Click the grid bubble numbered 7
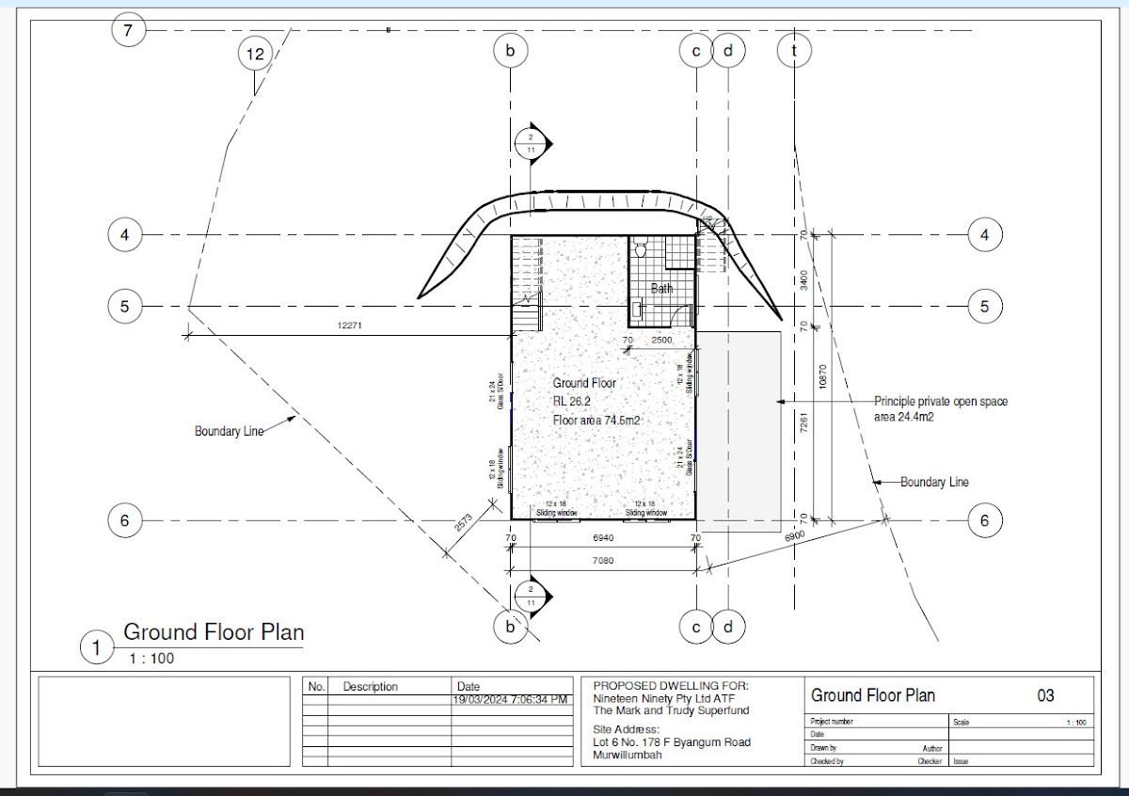pos(129,31)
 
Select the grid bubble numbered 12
pos(255,55)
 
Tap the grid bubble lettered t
pos(794,51)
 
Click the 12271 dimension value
pos(349,326)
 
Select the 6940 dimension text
pos(603,537)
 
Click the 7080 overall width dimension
pos(603,561)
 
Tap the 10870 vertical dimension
pos(822,377)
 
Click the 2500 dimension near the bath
pos(661,340)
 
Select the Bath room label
pos(662,289)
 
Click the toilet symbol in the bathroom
pos(641,250)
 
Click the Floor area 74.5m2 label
pos(596,421)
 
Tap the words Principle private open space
pos(941,402)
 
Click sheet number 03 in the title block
pos(1045,696)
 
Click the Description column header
pos(370,687)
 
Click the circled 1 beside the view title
pos(95,647)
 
